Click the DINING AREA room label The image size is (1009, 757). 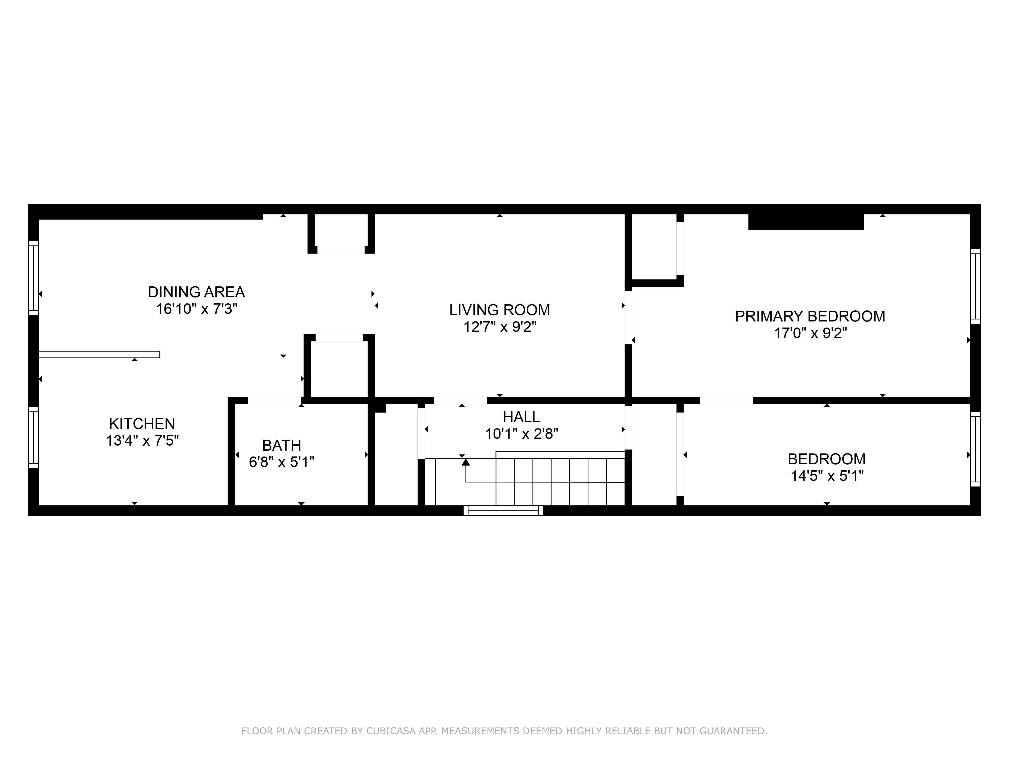point(196,292)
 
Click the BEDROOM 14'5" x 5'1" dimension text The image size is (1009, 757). point(827,476)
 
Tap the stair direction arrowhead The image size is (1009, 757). point(466,462)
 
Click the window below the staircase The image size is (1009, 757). point(503,511)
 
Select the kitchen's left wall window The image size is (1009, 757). point(33,437)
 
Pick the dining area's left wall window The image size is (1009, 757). point(33,277)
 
